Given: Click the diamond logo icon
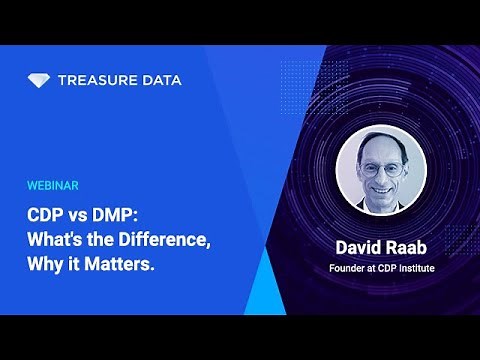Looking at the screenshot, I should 40,80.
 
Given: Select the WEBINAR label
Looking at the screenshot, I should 53,186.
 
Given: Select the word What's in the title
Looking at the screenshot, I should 56,240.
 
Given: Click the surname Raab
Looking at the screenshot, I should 410,245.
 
